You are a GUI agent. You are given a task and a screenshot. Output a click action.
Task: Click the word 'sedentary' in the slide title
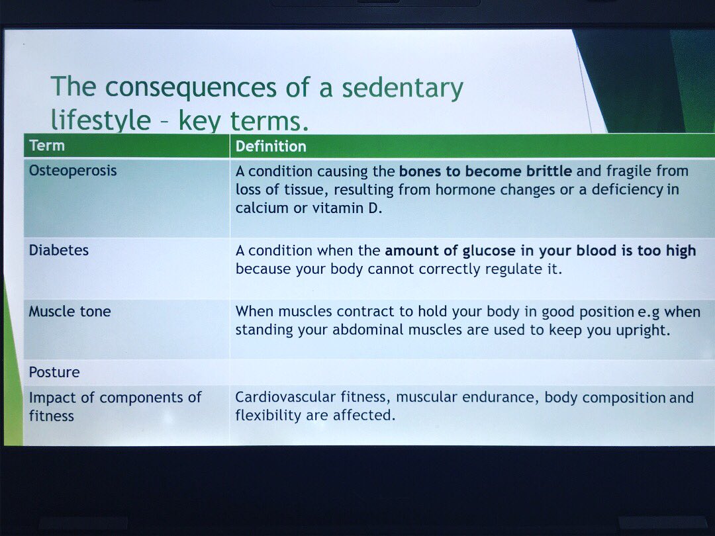pyautogui.click(x=398, y=88)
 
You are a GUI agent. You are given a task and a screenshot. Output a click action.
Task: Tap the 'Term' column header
pyautogui.click(x=47, y=146)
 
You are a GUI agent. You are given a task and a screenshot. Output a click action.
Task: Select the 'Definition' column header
pyautogui.click(x=271, y=146)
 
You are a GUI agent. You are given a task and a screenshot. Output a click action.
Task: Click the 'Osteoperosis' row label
pyautogui.click(x=73, y=171)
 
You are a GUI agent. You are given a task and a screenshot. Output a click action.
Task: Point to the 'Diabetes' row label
pyautogui.click(x=58, y=251)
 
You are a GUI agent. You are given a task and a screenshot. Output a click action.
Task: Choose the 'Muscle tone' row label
pyautogui.click(x=70, y=312)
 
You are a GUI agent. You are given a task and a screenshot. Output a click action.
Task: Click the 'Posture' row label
pyautogui.click(x=54, y=372)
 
